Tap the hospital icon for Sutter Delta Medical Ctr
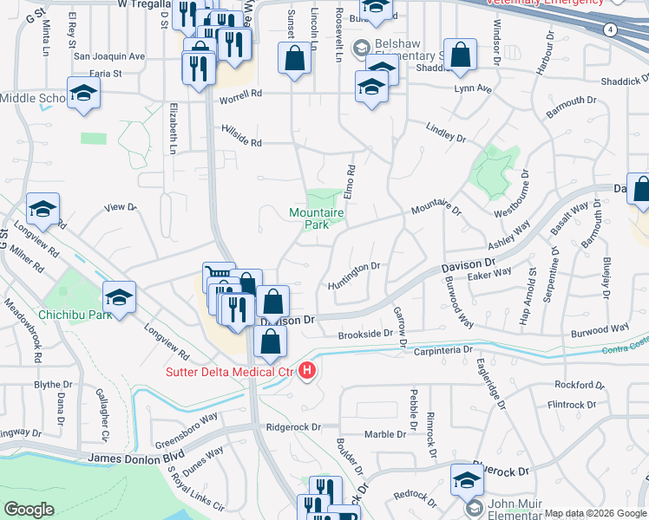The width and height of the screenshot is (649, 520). [306, 372]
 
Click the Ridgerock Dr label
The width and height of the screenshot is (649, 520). [293, 426]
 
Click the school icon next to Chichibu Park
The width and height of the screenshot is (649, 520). [119, 297]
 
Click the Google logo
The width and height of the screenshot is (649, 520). [29, 510]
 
